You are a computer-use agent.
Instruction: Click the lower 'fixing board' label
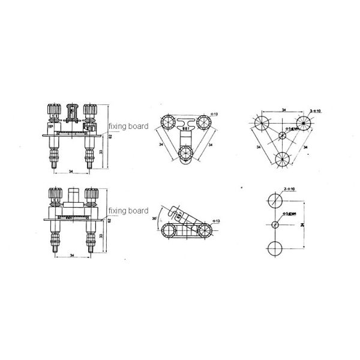click(x=128, y=211)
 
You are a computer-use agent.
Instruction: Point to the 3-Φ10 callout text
click(x=316, y=111)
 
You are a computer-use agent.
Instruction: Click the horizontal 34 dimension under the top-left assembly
click(x=71, y=172)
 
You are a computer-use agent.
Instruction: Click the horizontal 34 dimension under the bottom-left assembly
click(x=71, y=256)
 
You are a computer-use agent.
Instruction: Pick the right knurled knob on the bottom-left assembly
click(x=91, y=196)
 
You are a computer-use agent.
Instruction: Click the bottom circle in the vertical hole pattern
click(x=275, y=248)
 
